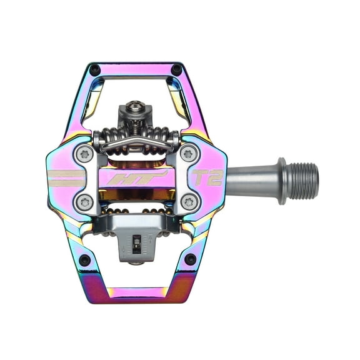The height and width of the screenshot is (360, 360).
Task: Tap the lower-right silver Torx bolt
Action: (x=187, y=201)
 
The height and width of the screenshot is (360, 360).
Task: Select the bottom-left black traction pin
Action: (x=84, y=258)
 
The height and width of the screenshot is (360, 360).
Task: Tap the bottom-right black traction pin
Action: (x=189, y=258)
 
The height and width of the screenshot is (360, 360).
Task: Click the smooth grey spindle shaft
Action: (x=250, y=181)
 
